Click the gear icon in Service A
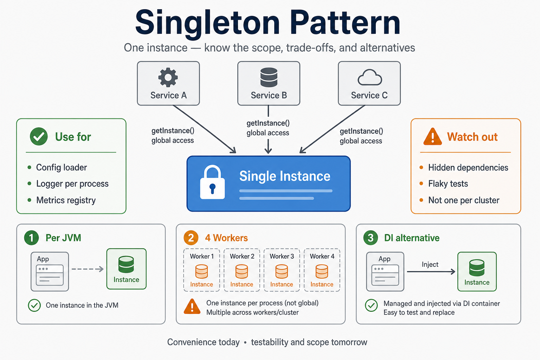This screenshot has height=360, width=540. point(168,77)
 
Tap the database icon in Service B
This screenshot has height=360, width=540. point(269,77)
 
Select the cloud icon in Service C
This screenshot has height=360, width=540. point(369,77)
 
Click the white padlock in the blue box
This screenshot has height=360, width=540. point(212,182)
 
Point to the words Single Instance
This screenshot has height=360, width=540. point(285,176)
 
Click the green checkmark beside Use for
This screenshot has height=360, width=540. point(39,136)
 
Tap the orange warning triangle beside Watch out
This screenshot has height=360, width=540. point(432,136)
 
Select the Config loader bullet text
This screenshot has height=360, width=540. point(62,167)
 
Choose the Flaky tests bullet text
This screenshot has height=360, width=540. point(448,184)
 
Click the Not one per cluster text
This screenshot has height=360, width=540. point(464,200)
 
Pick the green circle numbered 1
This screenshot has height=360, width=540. point(31,238)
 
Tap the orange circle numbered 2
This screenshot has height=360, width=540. point(191,238)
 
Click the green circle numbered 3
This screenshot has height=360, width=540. point(371,238)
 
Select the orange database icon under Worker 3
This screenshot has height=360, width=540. point(282,271)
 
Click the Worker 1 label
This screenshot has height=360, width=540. point(202,256)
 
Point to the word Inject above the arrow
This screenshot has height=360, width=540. point(430,264)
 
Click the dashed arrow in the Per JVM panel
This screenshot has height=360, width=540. point(88,269)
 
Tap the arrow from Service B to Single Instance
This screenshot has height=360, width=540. point(268,129)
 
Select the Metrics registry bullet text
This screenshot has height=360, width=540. point(66,200)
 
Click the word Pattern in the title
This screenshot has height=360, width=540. point(345,22)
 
